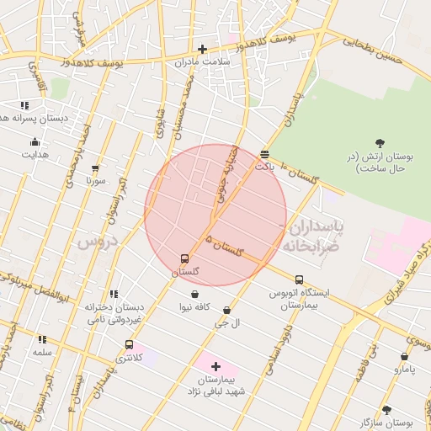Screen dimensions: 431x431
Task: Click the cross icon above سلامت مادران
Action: point(202,49)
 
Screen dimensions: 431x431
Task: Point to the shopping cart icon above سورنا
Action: point(95,168)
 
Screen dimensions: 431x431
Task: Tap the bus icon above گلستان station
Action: point(184,258)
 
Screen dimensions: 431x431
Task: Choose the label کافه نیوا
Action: point(194,308)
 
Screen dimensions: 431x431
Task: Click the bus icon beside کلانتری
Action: point(129,344)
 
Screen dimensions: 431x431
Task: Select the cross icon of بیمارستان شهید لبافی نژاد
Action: point(215,367)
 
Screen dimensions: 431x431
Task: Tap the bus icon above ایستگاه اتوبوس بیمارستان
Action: point(299,279)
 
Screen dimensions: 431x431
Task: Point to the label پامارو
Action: point(405,370)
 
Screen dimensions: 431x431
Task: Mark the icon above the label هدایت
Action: point(35,141)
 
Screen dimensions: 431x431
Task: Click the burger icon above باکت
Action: point(264,154)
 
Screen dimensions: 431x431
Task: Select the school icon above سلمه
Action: point(42,339)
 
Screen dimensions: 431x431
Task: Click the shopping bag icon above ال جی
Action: point(226,311)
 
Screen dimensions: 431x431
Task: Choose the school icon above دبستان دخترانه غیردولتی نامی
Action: point(114,295)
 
